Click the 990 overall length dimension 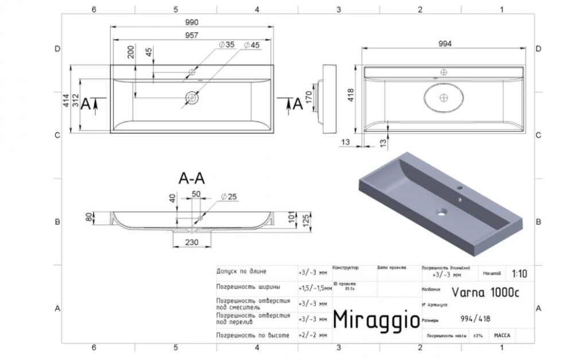tap(191, 22)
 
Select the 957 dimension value tap(191, 36)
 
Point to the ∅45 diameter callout tap(251, 45)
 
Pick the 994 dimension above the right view tap(445, 44)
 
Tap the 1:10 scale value tap(518, 273)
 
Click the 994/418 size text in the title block tap(475, 320)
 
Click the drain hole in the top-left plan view tap(191, 98)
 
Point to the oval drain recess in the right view tap(443, 98)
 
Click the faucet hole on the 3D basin tap(460, 188)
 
